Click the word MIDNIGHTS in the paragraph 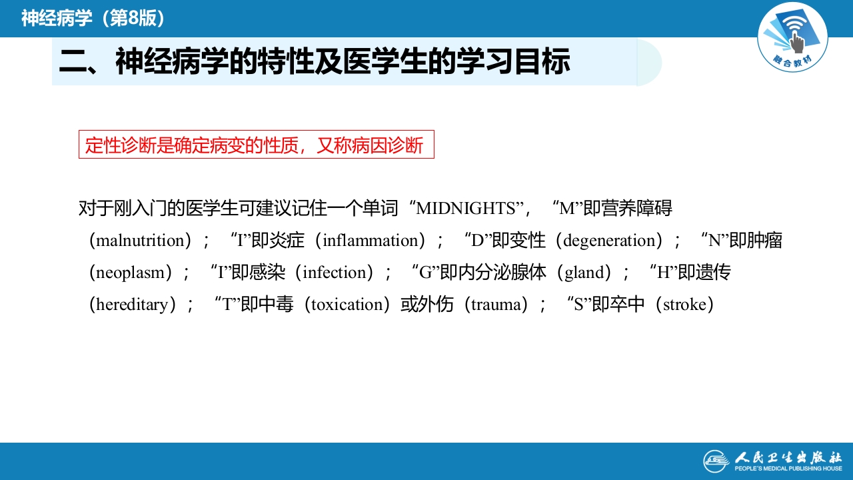tap(465, 209)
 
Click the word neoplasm tap(130, 273)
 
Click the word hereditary tap(132, 305)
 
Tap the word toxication tap(347, 305)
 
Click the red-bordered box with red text tap(257, 145)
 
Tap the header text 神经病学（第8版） tap(93, 18)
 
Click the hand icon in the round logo tap(796, 42)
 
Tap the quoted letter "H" tap(664, 273)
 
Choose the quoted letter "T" tap(228, 305)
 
